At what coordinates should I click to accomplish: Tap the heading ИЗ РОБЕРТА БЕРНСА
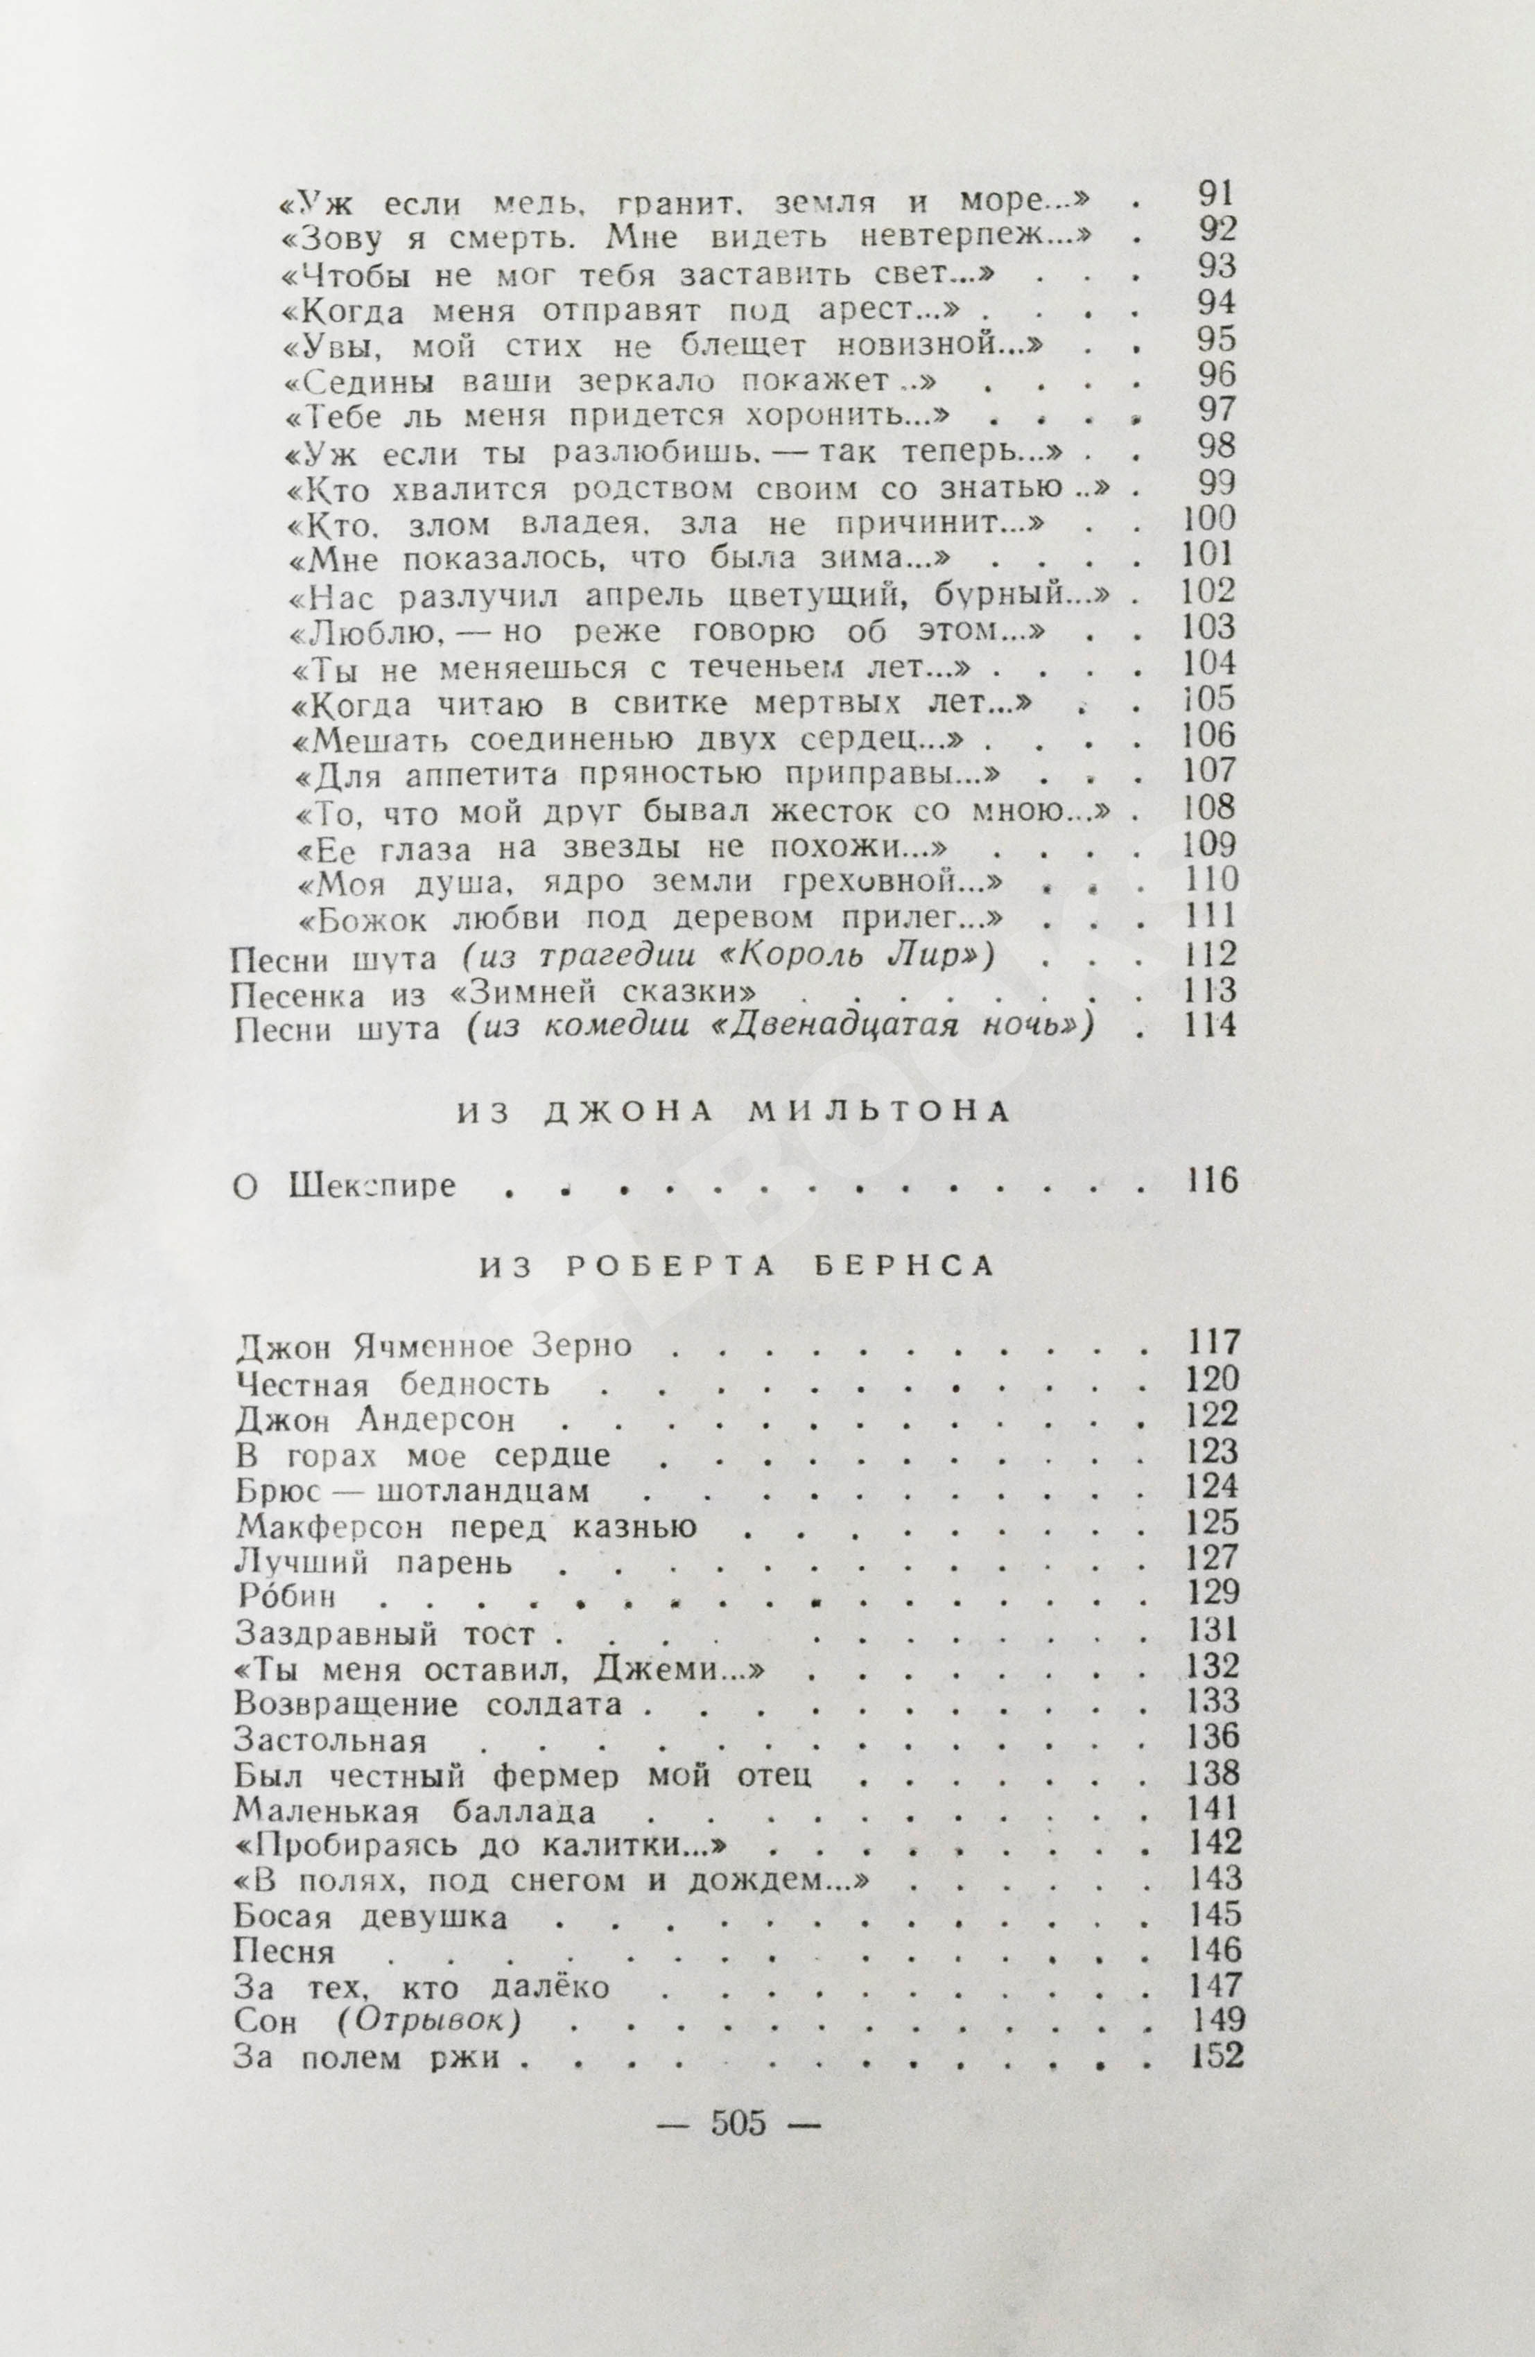(738, 1267)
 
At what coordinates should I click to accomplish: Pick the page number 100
(1209, 518)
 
